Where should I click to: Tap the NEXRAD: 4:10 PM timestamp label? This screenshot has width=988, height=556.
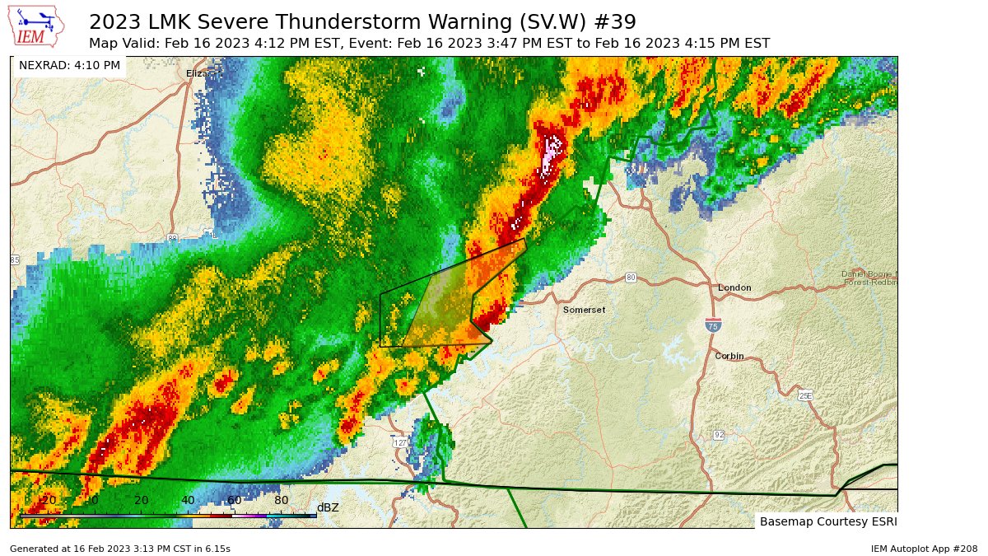(69, 65)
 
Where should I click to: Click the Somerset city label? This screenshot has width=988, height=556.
(584, 310)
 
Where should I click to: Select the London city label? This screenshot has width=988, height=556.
(734, 287)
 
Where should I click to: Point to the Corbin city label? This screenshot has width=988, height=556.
(729, 356)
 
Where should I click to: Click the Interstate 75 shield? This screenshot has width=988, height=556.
(713, 325)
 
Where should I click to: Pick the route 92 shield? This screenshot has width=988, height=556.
(719, 434)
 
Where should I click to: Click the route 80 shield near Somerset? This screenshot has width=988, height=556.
(631, 277)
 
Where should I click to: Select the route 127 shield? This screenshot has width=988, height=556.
(400, 442)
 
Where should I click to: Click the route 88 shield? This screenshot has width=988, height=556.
(171, 238)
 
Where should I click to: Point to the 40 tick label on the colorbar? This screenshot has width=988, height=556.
(188, 501)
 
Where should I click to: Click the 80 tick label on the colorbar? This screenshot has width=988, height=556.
(281, 501)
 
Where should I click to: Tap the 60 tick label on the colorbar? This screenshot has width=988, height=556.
(235, 501)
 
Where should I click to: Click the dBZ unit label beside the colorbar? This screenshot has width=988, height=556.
(328, 507)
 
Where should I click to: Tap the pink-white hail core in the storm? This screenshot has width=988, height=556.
(551, 153)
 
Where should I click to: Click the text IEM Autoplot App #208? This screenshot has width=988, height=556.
(924, 549)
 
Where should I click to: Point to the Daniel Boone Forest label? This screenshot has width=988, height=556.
(869, 278)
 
